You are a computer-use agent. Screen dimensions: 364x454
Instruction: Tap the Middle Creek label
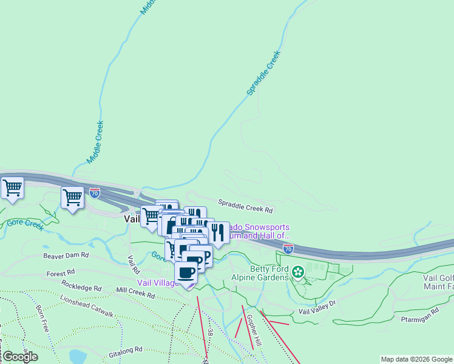pos(95,141)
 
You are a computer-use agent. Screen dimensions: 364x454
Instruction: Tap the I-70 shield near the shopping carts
pos(95,192)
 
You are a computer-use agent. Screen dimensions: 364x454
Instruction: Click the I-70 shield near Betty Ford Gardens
pos(288,248)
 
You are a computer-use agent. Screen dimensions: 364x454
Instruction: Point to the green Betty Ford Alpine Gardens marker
pos(298,272)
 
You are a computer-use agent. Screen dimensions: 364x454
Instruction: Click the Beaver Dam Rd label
pos(66,255)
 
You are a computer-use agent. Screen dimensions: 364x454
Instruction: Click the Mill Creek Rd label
pos(139,292)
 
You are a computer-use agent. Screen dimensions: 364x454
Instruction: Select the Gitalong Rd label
pos(125,349)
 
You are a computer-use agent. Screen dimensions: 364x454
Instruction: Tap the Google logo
pos(20,357)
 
